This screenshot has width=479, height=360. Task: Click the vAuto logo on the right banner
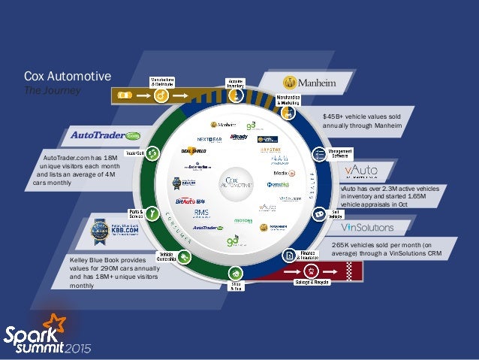coord(361,171)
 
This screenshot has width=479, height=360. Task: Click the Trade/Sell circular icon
coord(153,153)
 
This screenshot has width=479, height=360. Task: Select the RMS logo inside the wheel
coord(191,213)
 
